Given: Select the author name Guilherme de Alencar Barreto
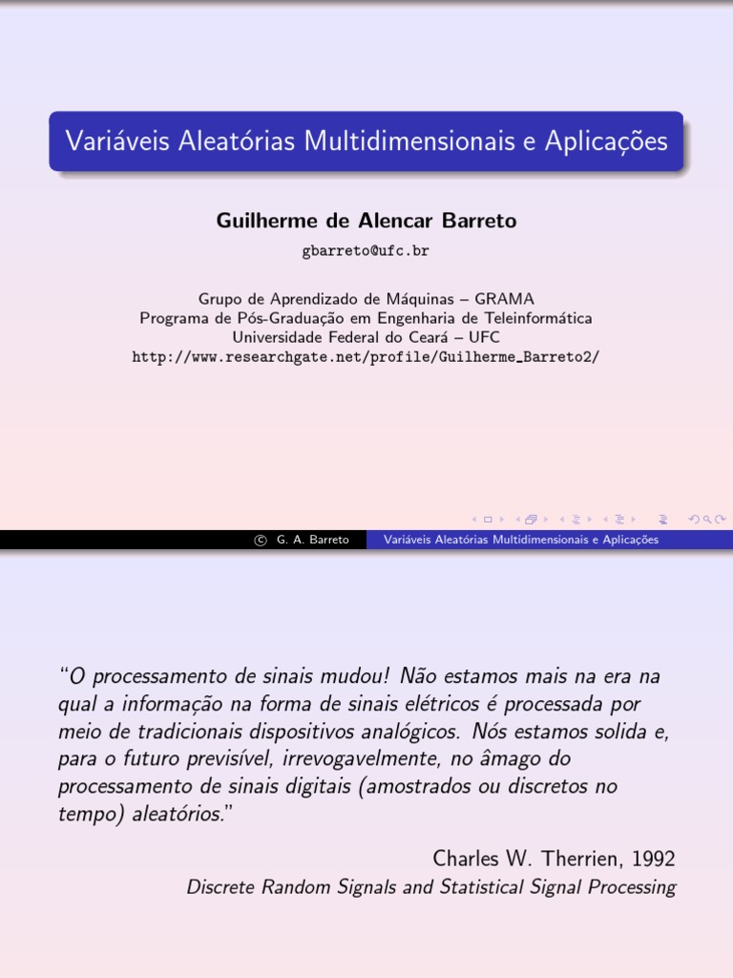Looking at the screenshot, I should click(x=366, y=221).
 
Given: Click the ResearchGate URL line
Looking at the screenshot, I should click(x=366, y=356).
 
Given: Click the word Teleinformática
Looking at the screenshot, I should click(x=538, y=318).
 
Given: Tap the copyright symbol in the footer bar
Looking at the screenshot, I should click(x=260, y=541).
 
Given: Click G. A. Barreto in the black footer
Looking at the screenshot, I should click(x=312, y=541).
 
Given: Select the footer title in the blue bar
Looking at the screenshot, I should click(x=520, y=541).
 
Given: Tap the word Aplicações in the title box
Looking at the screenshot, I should click(x=607, y=141).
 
